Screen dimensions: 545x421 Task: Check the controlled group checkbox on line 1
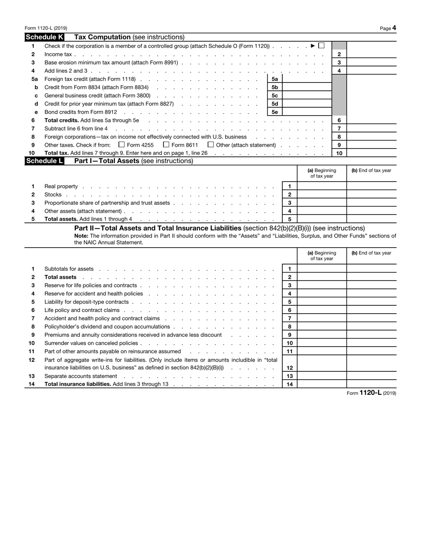click(321, 46)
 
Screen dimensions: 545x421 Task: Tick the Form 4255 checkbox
click(122, 145)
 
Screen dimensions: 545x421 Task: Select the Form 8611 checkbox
click(166, 145)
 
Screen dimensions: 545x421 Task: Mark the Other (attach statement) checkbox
click(211, 145)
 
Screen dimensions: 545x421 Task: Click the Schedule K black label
click(45, 37)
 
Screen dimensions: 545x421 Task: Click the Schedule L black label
click(45, 161)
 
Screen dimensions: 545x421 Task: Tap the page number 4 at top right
click(394, 28)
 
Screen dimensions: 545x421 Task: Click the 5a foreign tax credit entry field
click(306, 79)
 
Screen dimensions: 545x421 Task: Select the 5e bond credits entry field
click(306, 112)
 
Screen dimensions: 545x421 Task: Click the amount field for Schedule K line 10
click(371, 153)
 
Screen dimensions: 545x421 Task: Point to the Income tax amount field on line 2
click(371, 54)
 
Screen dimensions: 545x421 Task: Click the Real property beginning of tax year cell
click(322, 187)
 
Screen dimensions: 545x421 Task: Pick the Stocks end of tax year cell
click(371, 195)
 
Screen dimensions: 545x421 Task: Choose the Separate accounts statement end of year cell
click(371, 376)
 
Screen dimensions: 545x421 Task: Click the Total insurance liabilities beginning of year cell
click(322, 384)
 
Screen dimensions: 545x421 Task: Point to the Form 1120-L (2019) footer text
click(371, 393)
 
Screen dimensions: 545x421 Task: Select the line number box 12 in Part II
click(289, 368)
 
